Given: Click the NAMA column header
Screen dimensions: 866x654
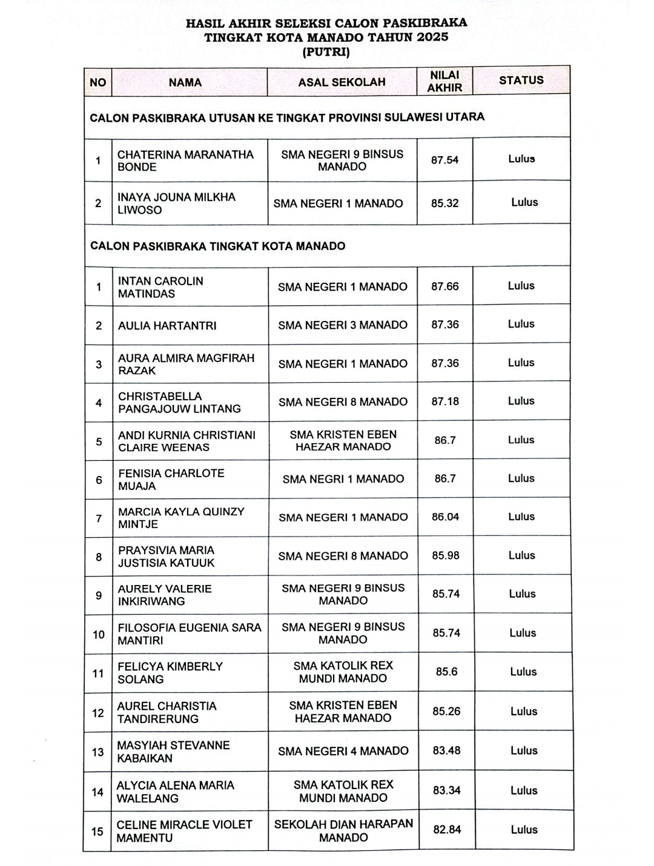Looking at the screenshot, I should click(x=185, y=82).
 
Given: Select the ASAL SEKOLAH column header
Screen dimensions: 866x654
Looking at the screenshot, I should click(x=342, y=82).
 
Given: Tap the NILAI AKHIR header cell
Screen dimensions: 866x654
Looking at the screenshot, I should click(x=444, y=81).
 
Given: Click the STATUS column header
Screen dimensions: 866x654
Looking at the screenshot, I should click(x=521, y=80).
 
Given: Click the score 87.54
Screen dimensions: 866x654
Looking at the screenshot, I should click(x=444, y=160).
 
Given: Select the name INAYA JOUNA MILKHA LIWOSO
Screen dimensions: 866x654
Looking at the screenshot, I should click(x=176, y=203).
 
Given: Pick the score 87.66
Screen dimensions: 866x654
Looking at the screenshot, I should click(x=445, y=286).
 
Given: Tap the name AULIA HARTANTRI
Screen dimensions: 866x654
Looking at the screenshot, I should click(x=167, y=326).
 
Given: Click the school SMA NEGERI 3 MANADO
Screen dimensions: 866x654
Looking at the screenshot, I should click(x=343, y=325).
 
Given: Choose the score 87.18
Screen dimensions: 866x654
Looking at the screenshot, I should click(x=445, y=402).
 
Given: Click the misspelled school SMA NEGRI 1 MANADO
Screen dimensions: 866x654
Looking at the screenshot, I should click(x=343, y=479).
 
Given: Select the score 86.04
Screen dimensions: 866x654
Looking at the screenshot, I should click(x=445, y=517).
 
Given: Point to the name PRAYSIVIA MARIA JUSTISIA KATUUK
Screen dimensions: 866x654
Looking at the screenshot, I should click(x=167, y=557).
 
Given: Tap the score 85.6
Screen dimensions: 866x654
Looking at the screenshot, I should click(x=446, y=672).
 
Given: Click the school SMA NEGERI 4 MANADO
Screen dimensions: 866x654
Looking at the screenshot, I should click(x=343, y=751).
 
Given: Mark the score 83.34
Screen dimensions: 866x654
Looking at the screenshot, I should click(x=447, y=790).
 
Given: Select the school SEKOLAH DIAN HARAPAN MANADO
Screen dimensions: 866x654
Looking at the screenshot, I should click(x=343, y=830).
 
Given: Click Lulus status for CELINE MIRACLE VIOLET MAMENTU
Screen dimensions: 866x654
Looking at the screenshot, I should click(x=524, y=830).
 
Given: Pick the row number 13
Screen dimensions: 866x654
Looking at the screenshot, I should click(x=97, y=752).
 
